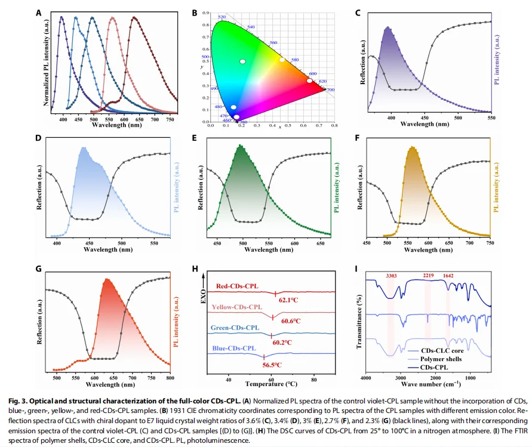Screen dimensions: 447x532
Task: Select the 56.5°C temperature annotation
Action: pyautogui.click(x=272, y=364)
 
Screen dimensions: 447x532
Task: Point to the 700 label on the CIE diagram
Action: pyautogui.click(x=330, y=90)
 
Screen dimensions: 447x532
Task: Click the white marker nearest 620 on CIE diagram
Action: pyautogui.click(x=309, y=81)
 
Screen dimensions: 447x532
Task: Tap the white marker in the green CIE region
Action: pyautogui.click(x=242, y=61)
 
